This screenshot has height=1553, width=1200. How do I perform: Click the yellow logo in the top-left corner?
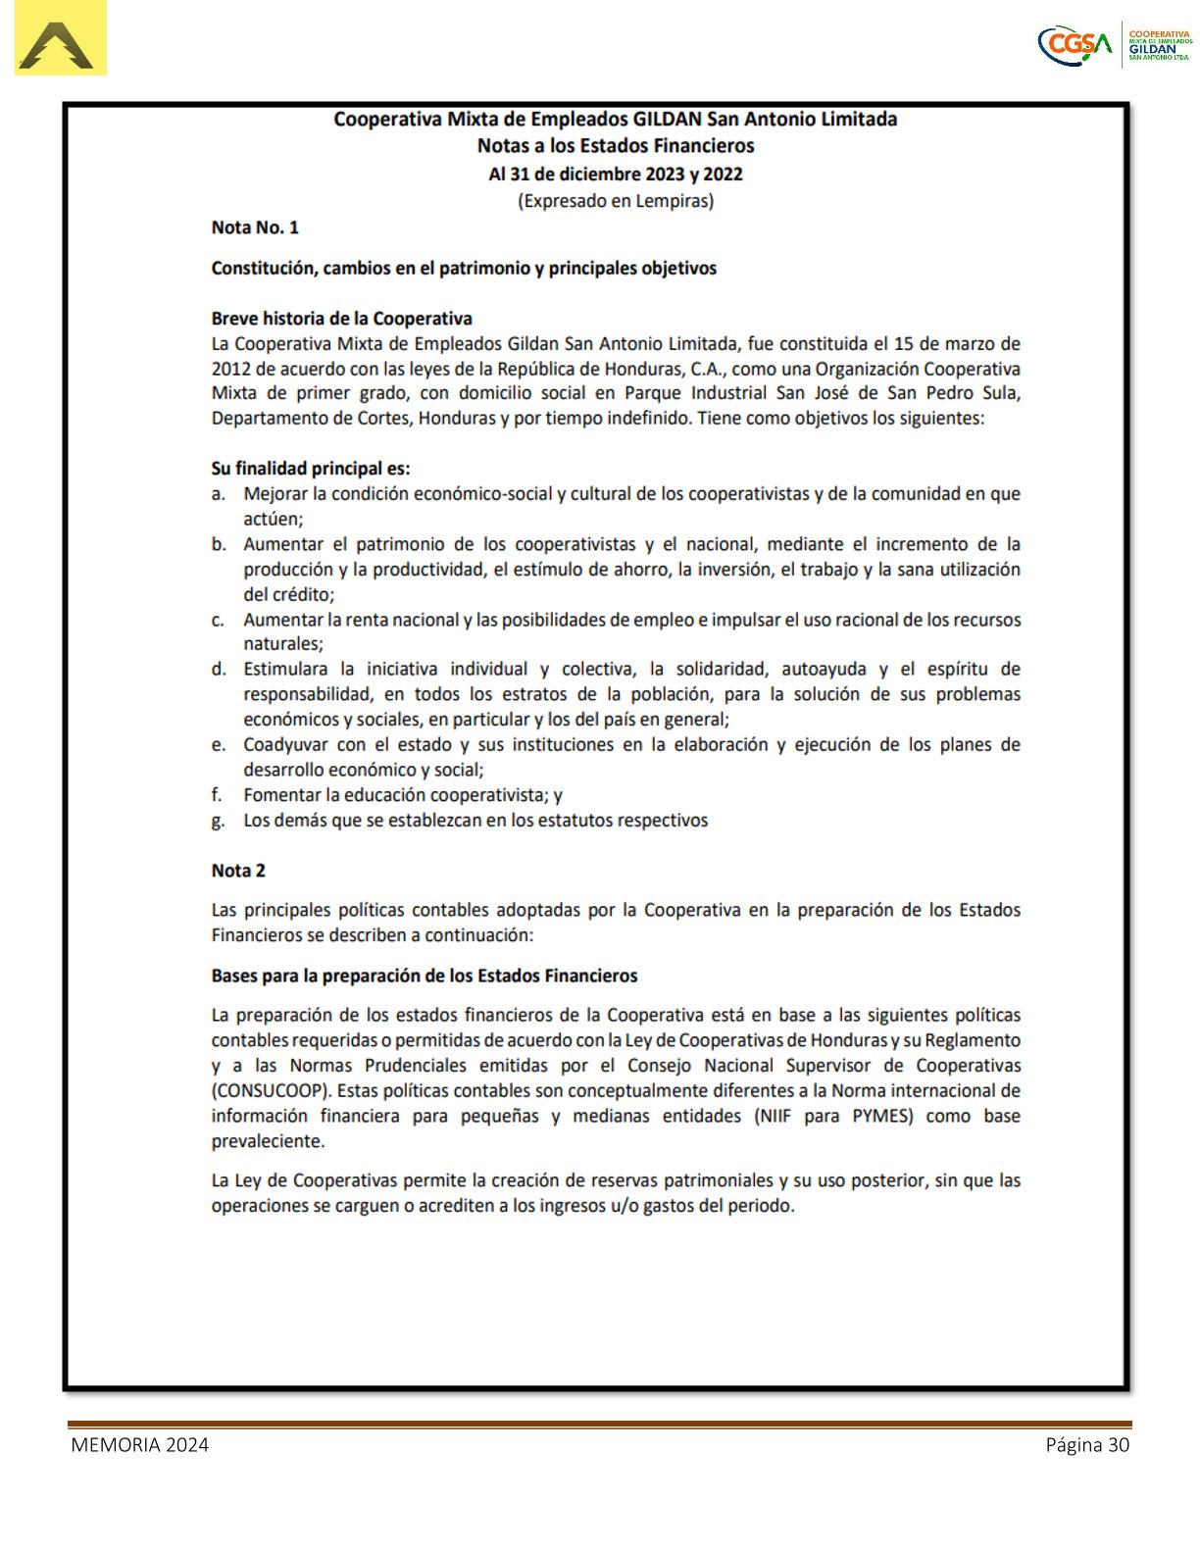[x=60, y=39]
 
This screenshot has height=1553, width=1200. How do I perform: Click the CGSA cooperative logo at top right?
[x=1115, y=44]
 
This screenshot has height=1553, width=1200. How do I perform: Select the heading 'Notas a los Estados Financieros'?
[x=615, y=146]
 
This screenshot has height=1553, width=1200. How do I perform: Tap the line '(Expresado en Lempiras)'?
[x=615, y=201]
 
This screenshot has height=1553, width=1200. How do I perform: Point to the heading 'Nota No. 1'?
[x=255, y=227]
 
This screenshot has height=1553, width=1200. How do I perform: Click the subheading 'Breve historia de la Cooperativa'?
[x=341, y=319]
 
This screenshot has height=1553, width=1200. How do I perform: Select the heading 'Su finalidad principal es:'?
[x=311, y=469]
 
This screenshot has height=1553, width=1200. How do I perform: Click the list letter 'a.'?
[x=219, y=494]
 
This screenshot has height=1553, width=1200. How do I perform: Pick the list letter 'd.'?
[x=219, y=670]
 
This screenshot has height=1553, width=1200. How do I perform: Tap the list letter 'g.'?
[x=219, y=821]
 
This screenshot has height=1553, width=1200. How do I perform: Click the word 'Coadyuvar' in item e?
[x=285, y=745]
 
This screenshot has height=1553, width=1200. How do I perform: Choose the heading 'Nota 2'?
[x=238, y=871]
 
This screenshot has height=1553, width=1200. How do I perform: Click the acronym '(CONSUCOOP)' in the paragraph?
[x=268, y=1091]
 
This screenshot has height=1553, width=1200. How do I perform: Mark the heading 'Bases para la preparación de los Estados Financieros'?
[x=424, y=977]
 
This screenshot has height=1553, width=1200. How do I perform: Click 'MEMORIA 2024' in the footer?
[x=139, y=1445]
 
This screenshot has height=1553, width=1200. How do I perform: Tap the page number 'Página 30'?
[x=1087, y=1445]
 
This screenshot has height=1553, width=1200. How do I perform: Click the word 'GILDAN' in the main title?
[x=668, y=120]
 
